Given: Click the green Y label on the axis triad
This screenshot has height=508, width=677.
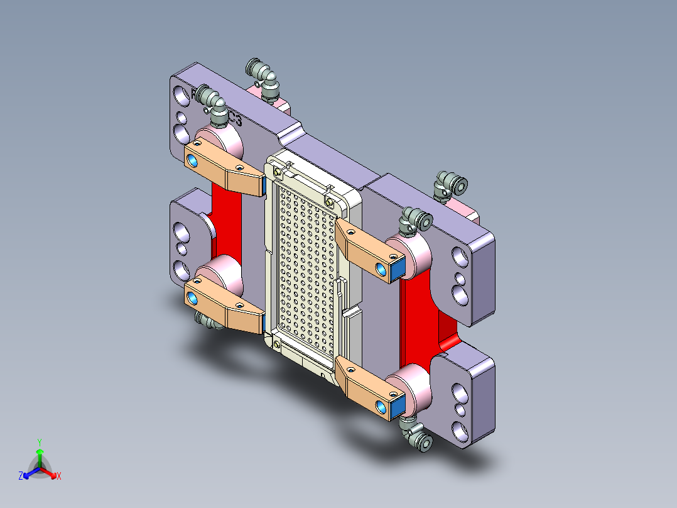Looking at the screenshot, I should (x=39, y=441).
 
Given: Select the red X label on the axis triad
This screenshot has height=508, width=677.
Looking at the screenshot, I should (x=59, y=477).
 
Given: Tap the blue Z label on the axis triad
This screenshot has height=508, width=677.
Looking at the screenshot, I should (x=21, y=477).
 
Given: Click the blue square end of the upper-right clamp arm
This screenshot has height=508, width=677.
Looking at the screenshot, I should (x=398, y=271).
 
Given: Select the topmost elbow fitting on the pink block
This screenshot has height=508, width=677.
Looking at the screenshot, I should (x=263, y=76).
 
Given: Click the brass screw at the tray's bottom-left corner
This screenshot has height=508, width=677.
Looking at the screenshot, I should (x=277, y=343).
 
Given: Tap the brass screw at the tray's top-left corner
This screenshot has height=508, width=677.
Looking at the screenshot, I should (x=278, y=170).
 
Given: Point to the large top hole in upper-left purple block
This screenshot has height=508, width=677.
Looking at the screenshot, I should (x=181, y=96).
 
